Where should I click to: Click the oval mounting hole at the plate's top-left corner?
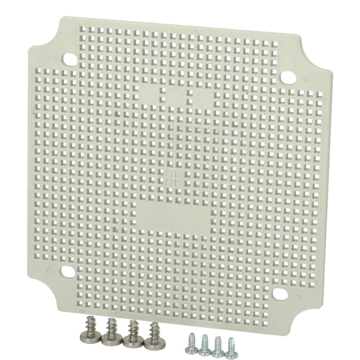[x=71, y=60]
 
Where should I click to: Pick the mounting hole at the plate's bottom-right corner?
[x=280, y=294]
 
